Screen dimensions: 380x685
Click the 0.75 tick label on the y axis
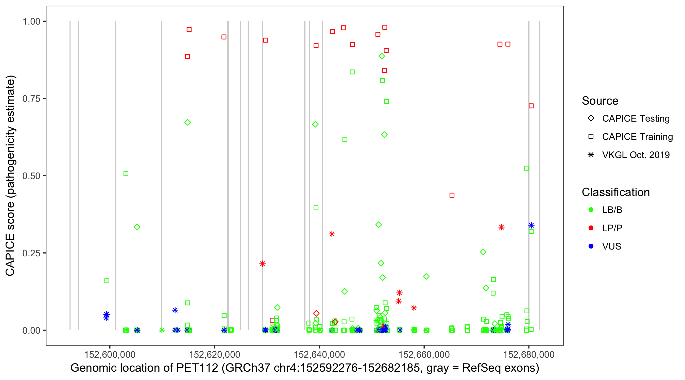31,99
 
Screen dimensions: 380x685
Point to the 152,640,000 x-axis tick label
319,354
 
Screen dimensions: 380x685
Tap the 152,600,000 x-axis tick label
110,354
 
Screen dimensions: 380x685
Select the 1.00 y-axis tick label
31,22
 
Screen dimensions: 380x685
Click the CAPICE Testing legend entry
636,119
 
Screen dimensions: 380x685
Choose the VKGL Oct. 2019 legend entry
636,155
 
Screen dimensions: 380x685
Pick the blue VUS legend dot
591,246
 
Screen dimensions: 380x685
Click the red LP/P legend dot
591,228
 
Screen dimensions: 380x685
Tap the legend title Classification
615,192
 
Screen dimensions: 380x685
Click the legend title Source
600,101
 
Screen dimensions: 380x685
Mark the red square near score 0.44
452,195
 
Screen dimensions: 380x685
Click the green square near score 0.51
126,174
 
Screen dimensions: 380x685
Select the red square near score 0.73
531,106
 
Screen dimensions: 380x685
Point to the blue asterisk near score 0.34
531,225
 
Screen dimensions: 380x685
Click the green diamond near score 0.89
382,56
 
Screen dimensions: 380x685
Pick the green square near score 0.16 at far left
107,281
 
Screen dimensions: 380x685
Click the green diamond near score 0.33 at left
137,227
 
